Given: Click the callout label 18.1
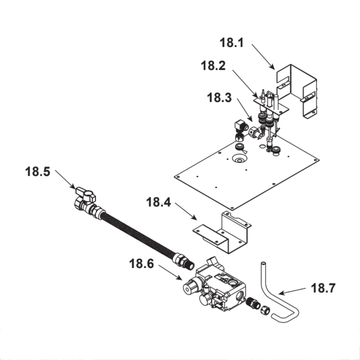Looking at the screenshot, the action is (x=231, y=43).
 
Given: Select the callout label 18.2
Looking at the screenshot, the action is (x=213, y=66).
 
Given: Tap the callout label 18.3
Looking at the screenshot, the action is (x=219, y=98).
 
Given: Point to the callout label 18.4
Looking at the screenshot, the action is (x=158, y=202).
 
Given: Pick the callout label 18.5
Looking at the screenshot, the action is (x=37, y=171).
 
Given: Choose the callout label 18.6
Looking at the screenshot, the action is (x=141, y=264).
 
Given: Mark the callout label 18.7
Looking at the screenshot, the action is (x=323, y=288).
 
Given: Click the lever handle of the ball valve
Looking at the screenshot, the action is (x=85, y=194).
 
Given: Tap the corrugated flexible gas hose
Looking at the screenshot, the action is (x=138, y=234).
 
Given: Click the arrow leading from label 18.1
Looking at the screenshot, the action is (x=263, y=57).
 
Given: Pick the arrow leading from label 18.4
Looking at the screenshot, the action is (x=186, y=211).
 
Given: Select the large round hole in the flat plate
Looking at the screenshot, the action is (x=239, y=158).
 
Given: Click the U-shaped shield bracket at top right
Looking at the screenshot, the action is (x=296, y=91).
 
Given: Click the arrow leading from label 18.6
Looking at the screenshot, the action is (x=170, y=273).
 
